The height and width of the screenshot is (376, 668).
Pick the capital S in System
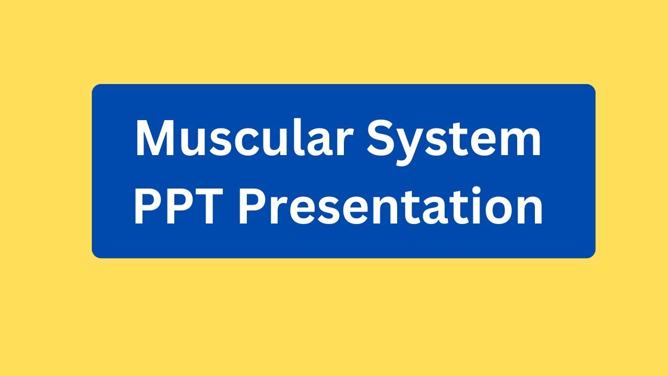click(x=381, y=139)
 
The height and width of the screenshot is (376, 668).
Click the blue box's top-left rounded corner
click(x=96, y=88)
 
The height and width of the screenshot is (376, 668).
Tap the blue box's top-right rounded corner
click(x=592, y=88)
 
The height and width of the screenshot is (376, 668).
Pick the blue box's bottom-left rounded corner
click(x=96, y=254)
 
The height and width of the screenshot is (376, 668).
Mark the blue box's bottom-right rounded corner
click(x=592, y=254)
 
